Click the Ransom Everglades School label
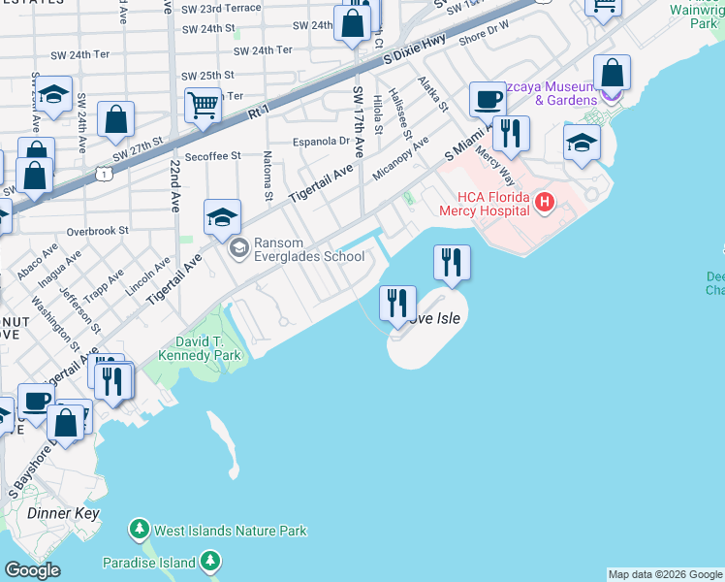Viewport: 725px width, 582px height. (x=308, y=250)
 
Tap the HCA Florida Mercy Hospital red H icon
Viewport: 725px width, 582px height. (x=545, y=203)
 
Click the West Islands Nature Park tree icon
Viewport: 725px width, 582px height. (x=140, y=531)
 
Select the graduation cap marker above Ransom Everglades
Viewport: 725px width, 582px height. (x=222, y=217)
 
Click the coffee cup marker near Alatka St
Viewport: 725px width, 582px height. (x=488, y=99)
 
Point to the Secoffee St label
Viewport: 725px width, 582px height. (x=211, y=156)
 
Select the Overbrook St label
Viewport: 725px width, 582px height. (x=98, y=232)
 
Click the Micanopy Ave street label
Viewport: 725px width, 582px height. (x=400, y=162)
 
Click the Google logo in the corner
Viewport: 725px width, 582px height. (x=32, y=570)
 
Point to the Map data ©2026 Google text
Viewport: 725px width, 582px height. (x=664, y=574)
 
